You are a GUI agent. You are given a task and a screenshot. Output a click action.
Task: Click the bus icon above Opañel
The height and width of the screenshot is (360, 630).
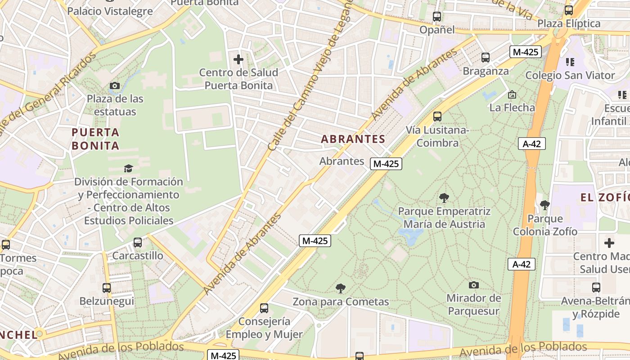[x=436, y=17]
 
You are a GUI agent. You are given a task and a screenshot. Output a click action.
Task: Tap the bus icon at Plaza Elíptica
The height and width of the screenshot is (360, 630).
[x=569, y=10]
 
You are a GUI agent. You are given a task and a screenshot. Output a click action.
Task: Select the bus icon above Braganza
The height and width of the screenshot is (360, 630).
[x=485, y=58]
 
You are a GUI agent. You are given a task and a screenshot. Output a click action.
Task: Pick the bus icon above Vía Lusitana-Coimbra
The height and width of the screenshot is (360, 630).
[x=437, y=117]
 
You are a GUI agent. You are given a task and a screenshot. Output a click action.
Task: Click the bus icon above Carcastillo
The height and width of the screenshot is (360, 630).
[x=138, y=243]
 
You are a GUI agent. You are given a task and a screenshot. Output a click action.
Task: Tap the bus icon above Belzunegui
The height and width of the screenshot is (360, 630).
[x=107, y=288]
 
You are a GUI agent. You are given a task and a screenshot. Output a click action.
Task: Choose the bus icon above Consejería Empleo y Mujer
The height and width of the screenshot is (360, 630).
[x=264, y=308]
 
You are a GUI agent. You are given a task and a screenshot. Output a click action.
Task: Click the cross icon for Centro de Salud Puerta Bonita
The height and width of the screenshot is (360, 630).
[x=238, y=59]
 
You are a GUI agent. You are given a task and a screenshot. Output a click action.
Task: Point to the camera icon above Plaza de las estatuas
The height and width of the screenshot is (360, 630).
[x=115, y=85]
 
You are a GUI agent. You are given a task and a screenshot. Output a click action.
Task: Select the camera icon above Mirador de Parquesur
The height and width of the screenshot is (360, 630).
[x=473, y=285]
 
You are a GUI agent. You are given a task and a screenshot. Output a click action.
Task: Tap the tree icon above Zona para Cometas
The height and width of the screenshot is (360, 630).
[x=341, y=288]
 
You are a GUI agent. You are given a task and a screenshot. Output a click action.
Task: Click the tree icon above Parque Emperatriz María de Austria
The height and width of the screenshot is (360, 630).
[x=444, y=198]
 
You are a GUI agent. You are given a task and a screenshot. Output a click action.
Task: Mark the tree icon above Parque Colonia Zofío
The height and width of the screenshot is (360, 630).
[x=545, y=205]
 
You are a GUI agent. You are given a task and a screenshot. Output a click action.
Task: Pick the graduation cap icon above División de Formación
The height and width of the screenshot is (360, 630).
[x=129, y=168]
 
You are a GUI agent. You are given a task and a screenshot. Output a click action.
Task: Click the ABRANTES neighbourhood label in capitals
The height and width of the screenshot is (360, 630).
[x=353, y=139]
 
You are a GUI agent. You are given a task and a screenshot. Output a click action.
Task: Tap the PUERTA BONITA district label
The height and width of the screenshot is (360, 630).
[x=95, y=139]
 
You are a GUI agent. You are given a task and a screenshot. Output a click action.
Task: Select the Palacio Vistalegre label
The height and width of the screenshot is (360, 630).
[x=110, y=11]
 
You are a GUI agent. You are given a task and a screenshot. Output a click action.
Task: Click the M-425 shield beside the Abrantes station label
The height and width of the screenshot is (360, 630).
[x=386, y=164]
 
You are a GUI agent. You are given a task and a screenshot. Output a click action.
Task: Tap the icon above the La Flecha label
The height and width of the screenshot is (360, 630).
[x=512, y=94]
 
